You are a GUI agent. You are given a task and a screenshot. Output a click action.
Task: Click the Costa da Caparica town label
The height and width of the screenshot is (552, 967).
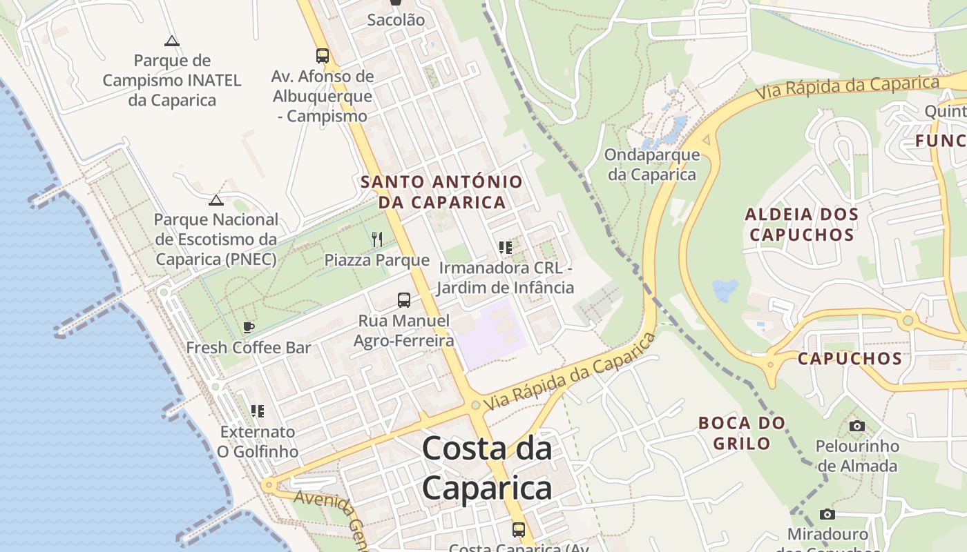[x=487, y=469]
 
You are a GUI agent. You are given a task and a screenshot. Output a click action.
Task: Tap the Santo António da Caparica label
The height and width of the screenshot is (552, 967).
[x=441, y=193]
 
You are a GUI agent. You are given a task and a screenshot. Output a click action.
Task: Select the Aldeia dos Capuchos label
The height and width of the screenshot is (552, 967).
[x=802, y=224]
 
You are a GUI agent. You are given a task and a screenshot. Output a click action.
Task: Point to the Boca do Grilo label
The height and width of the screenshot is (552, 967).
[x=742, y=433]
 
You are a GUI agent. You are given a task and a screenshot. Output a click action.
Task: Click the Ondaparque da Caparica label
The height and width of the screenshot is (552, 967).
[x=652, y=165]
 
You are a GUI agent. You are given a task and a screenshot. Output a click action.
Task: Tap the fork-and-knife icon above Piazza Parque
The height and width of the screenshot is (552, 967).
[x=377, y=239]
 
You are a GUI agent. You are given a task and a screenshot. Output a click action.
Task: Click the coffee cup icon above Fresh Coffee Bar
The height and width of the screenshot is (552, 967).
[x=249, y=327]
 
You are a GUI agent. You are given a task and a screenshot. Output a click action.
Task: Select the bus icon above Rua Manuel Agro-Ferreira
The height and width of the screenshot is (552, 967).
[x=404, y=300]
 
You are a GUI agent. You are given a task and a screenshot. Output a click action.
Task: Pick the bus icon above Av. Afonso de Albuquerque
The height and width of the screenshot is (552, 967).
[x=323, y=56]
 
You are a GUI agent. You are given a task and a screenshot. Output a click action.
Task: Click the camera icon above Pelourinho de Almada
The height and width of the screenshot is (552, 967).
[x=857, y=426]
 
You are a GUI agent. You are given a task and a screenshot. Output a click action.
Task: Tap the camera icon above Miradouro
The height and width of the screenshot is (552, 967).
[x=827, y=514]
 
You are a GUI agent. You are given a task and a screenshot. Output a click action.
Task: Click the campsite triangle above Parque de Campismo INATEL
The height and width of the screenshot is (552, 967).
[x=172, y=41]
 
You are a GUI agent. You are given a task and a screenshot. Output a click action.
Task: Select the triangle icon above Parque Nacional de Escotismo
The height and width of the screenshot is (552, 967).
[x=216, y=200]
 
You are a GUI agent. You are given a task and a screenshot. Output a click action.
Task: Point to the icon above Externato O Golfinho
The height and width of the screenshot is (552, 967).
[x=258, y=411]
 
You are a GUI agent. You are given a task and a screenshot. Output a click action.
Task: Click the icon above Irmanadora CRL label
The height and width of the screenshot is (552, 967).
[x=506, y=247]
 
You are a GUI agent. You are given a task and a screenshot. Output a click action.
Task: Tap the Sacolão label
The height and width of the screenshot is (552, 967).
[x=396, y=20]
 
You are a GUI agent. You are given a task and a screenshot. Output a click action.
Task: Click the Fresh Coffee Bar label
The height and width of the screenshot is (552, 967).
[x=249, y=347]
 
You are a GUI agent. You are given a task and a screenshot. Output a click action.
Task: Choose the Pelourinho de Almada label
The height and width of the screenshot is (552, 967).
[x=857, y=455]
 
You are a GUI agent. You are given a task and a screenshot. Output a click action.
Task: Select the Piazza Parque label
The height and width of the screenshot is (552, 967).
[x=377, y=260]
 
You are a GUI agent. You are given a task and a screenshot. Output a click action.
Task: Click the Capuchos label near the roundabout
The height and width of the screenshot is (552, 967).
[x=850, y=359]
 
